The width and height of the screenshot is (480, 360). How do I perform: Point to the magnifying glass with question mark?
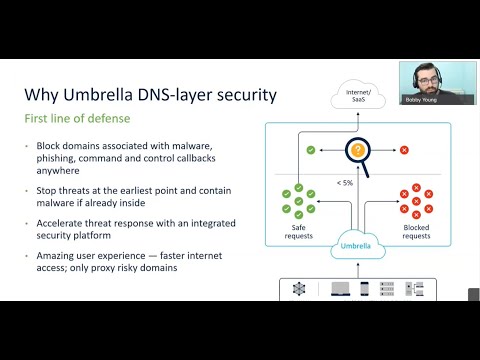(x=357, y=151)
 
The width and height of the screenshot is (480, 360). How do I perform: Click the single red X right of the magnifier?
(x=403, y=150)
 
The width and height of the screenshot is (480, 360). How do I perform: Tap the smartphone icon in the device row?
(x=365, y=289)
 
